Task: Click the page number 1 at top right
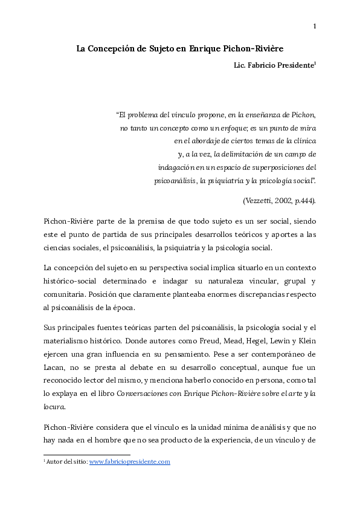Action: [315, 25]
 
